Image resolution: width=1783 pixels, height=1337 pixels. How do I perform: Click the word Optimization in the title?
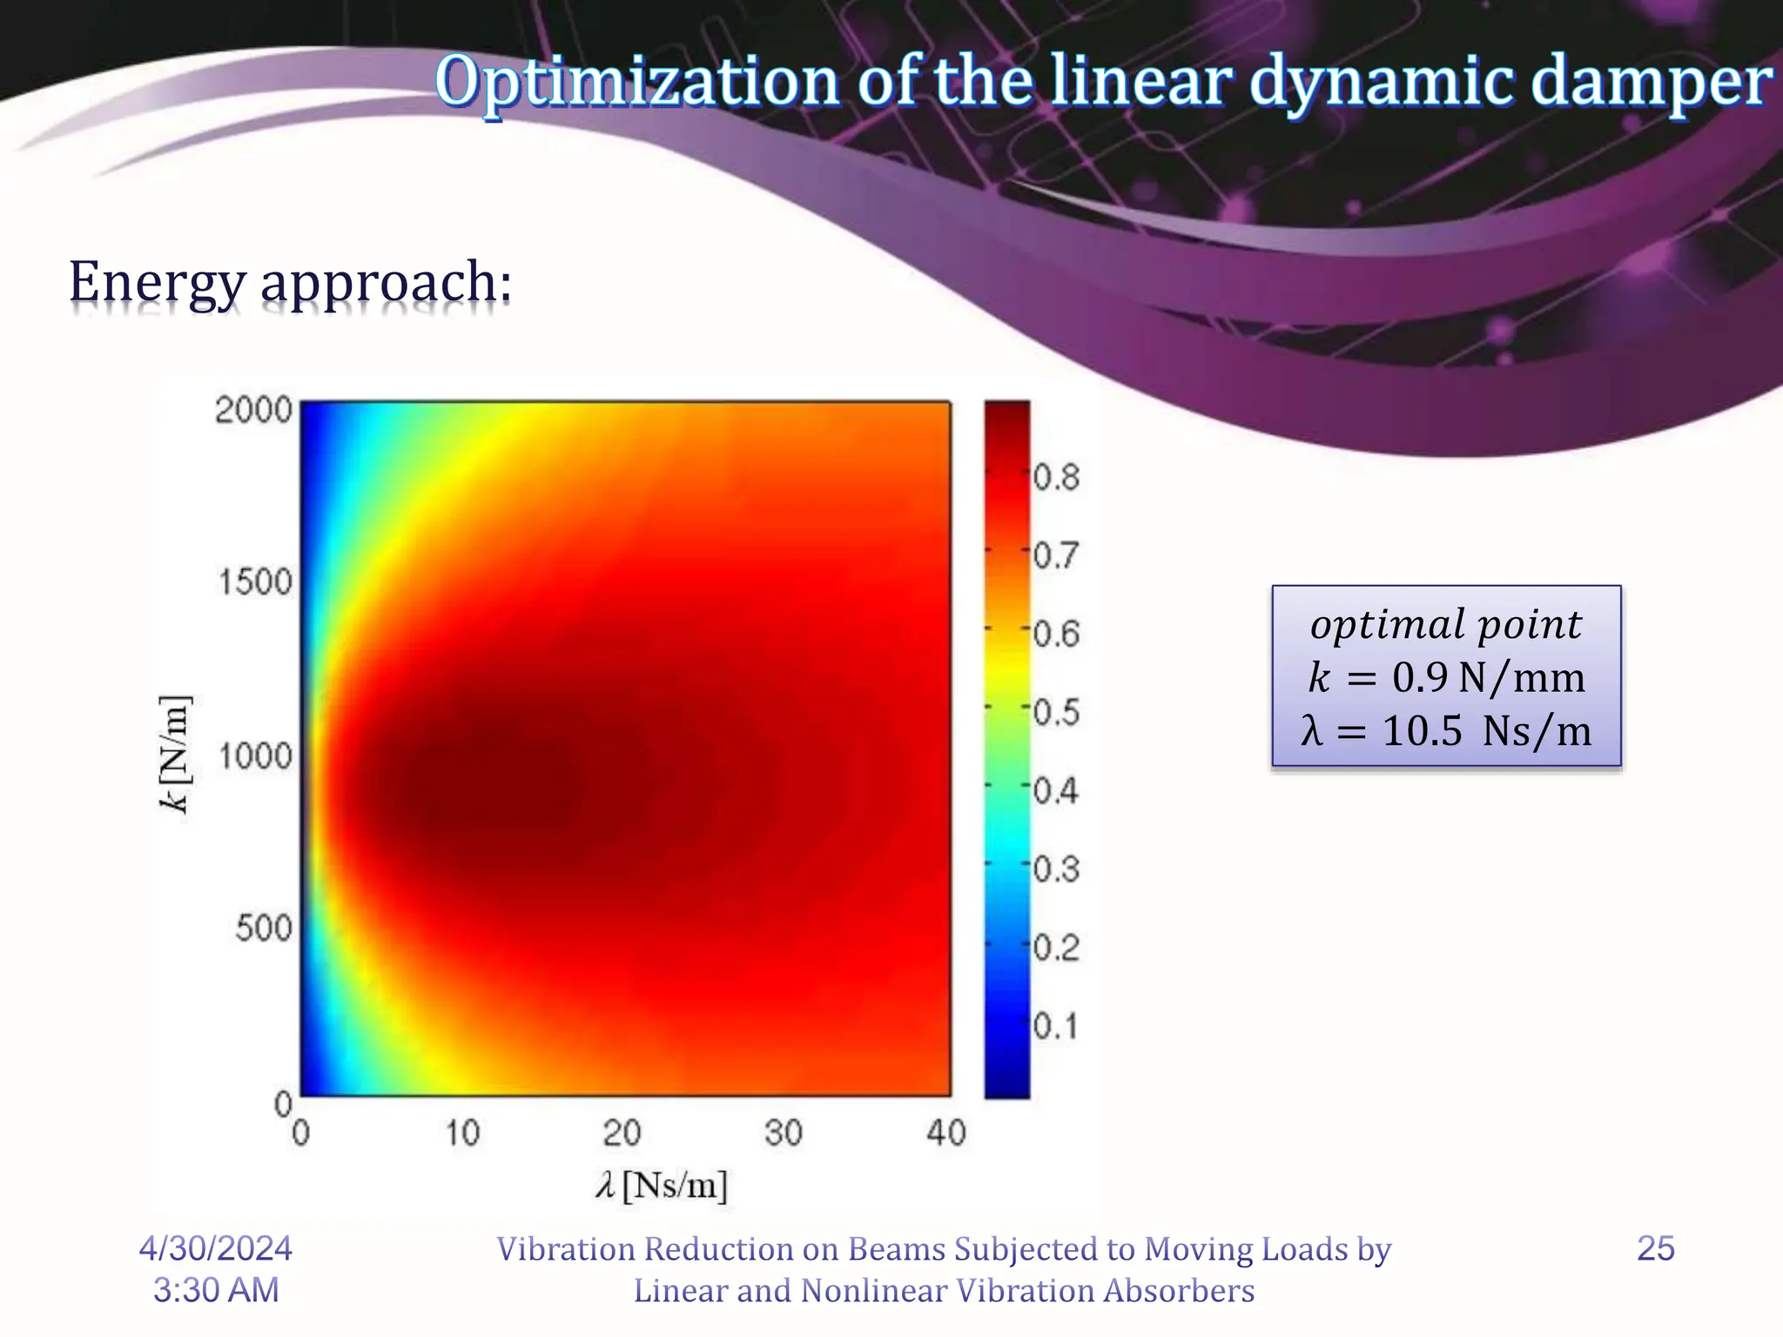tap(636, 81)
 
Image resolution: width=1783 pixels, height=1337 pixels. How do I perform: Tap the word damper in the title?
tap(1650, 81)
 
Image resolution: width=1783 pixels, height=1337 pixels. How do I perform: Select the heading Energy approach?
tap(290, 283)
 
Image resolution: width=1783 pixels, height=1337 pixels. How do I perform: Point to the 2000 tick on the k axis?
tap(253, 409)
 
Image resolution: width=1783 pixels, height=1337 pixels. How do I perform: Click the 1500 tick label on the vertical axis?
tap(255, 581)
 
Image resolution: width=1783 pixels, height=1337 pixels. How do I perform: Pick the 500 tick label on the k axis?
tap(263, 928)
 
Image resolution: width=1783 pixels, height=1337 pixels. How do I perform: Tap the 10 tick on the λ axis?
tap(462, 1132)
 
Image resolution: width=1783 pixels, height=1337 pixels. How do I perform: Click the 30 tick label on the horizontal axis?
tap(784, 1132)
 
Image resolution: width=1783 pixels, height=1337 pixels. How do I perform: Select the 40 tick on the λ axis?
tap(946, 1132)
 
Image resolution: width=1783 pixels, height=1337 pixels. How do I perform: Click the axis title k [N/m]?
tap(175, 754)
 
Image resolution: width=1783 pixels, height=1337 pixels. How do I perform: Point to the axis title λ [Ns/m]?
tap(662, 1186)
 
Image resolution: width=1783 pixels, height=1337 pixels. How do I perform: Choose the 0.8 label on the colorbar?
tap(1056, 477)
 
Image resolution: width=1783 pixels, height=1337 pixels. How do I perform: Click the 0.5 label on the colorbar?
tap(1056, 712)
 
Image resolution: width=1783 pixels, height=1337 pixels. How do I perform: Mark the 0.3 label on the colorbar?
tap(1056, 869)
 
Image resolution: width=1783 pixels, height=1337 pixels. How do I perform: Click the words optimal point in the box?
tap(1446, 625)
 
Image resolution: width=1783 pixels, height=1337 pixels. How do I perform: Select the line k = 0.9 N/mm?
tap(1446, 677)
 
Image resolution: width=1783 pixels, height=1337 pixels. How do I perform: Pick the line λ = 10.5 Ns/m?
tap(1446, 730)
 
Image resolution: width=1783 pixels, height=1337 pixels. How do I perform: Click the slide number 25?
tap(1656, 1248)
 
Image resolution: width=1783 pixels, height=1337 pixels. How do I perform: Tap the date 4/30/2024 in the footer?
tap(216, 1248)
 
